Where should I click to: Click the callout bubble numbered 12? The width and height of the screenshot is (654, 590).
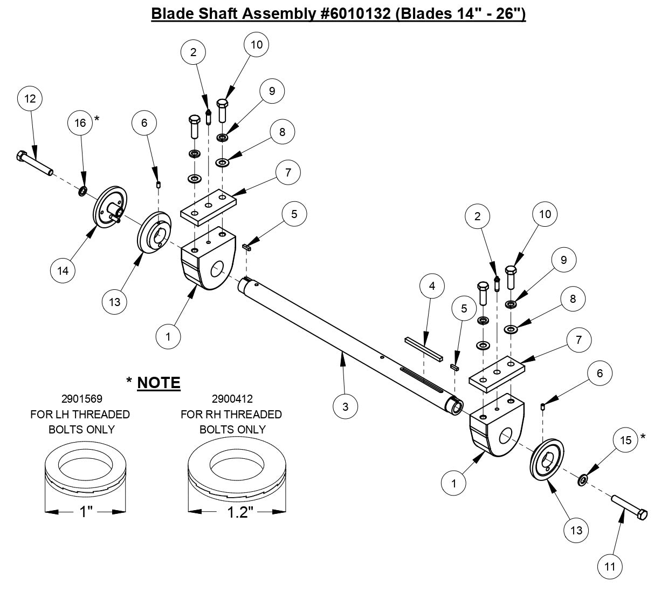[30, 98]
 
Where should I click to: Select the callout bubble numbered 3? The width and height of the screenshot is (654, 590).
[345, 406]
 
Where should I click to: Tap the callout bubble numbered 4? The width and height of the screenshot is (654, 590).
[432, 287]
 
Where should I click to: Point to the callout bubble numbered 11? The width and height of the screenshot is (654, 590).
[610, 566]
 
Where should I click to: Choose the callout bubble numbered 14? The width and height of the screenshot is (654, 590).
[64, 270]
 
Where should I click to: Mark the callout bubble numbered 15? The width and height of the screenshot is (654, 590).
[625, 440]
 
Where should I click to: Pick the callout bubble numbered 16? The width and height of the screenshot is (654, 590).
[80, 123]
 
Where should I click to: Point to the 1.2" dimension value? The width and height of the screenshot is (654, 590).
[238, 512]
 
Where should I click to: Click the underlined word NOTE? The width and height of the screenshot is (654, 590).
[159, 383]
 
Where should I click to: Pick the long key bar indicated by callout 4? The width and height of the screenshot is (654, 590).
[423, 349]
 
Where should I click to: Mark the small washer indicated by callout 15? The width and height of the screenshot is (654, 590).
[583, 479]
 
